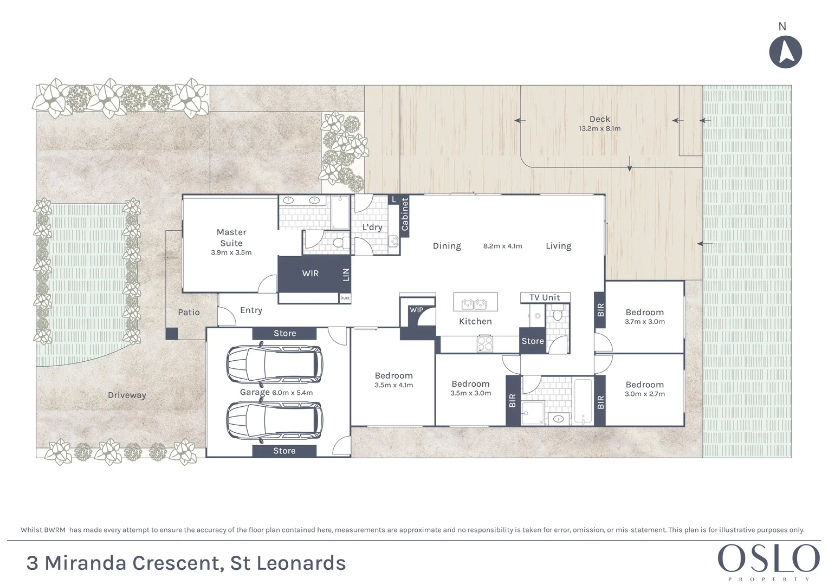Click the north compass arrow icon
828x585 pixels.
pos(785,52)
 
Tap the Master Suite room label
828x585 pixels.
pos(231,238)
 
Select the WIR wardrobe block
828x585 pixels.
pos(310,274)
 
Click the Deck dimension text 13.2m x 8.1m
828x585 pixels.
pos(599,129)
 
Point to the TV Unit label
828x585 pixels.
pos(545,297)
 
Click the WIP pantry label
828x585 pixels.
pos(416,310)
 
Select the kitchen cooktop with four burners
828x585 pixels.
pos(484,343)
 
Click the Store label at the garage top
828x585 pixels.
pos(284,334)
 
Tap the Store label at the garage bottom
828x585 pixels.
pos(284,451)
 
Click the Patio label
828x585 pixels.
pos(189,313)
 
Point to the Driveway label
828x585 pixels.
pos(127,395)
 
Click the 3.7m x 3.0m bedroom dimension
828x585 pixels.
pos(644,322)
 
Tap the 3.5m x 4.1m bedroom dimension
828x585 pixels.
pos(393,385)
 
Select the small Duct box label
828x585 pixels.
pos(345,298)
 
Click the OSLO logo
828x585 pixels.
pos(768,558)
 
